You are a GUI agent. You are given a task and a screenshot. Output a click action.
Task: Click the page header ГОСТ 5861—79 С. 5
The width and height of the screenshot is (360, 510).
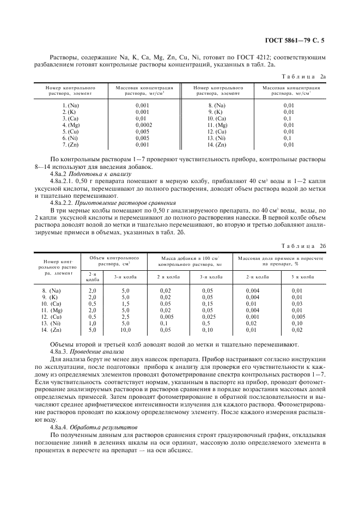click(x=297, y=40)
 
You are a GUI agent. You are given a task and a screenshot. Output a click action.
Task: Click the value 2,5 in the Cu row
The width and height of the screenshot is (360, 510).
click(x=125, y=317)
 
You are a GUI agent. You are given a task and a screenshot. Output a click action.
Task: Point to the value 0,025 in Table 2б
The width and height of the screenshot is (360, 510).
click(x=208, y=317)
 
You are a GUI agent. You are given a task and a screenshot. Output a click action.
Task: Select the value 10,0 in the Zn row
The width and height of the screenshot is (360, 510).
click(x=125, y=330)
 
